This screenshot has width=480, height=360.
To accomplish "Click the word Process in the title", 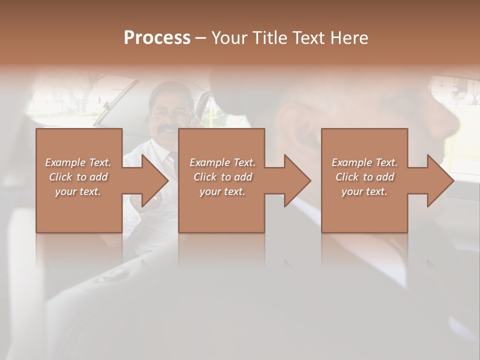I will (157, 38).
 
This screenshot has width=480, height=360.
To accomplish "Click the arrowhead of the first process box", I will (153, 180).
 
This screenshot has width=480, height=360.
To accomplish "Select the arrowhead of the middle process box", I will (296, 180).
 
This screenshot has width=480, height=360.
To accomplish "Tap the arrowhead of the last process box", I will (439, 180).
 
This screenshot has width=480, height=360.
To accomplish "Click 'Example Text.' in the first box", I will (78, 162).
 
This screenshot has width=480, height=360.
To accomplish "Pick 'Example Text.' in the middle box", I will (222, 162).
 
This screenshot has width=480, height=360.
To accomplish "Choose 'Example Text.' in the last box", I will (364, 162).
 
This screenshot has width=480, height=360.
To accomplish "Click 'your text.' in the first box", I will (78, 191).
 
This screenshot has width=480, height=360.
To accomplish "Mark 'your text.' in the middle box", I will (222, 191).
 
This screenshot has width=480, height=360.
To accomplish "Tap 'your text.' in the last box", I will (364, 191).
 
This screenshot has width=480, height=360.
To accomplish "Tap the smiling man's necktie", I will (173, 161).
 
